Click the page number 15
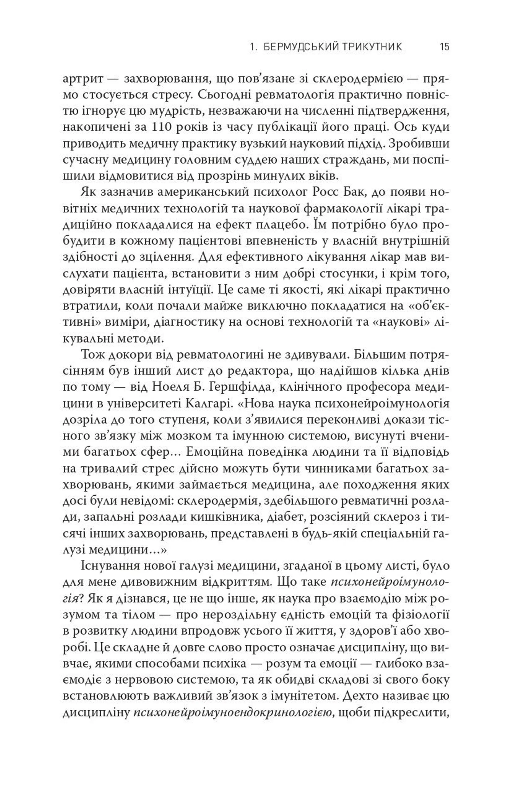click(x=445, y=47)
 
